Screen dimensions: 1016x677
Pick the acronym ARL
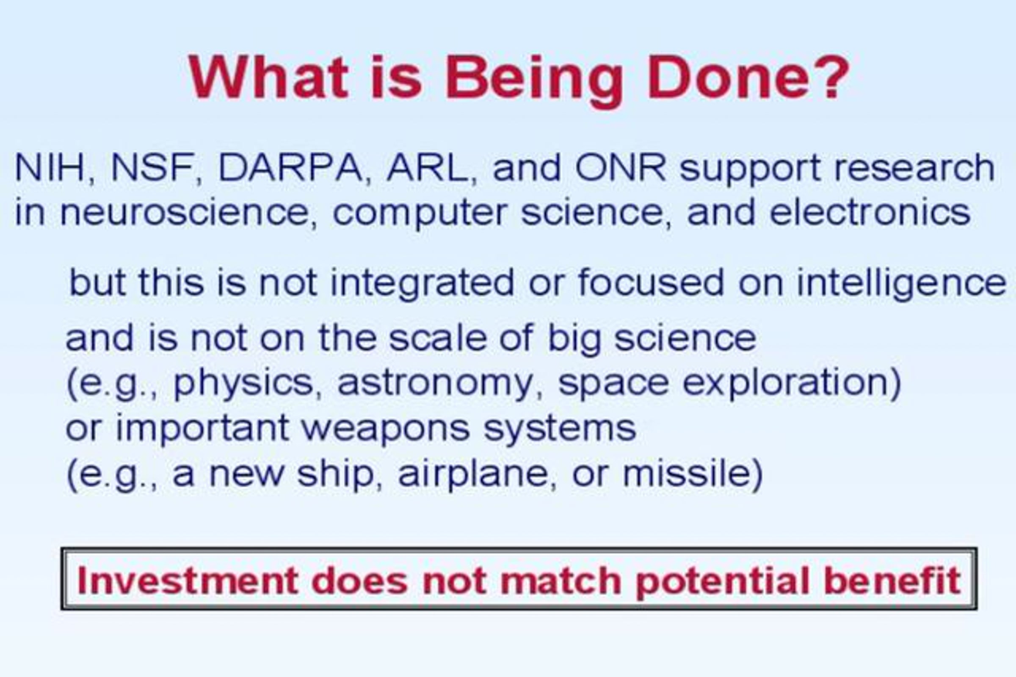tap(428, 168)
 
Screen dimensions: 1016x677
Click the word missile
tap(687, 474)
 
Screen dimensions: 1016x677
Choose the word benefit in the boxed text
tap(892, 580)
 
